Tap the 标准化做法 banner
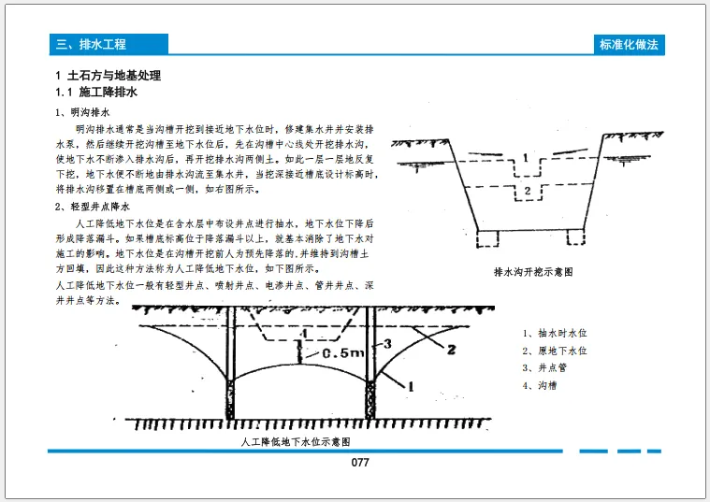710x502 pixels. (x=632, y=44)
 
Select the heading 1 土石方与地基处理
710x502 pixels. (x=109, y=76)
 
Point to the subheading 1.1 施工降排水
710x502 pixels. (x=97, y=93)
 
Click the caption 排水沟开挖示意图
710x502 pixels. (x=531, y=273)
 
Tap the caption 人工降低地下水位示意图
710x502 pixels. (x=296, y=440)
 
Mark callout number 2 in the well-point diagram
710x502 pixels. (x=450, y=350)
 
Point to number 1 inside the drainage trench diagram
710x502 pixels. (x=527, y=157)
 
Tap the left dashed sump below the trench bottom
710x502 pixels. (x=485, y=239)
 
